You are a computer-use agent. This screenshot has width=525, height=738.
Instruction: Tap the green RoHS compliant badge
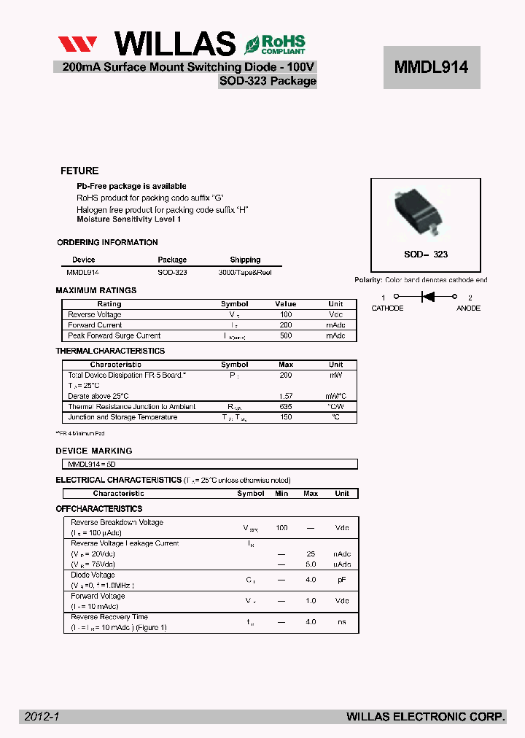(x=275, y=44)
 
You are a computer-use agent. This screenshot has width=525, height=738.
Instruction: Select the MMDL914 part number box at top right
(x=432, y=67)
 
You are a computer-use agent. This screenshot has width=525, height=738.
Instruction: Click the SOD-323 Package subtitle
(x=268, y=81)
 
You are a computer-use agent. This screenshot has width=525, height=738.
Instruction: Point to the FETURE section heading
(x=79, y=171)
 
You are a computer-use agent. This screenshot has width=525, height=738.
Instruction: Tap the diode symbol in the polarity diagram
(x=428, y=297)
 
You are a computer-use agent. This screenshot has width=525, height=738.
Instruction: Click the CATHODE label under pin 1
(x=387, y=308)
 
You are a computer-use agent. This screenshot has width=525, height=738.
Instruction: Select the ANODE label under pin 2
(x=468, y=308)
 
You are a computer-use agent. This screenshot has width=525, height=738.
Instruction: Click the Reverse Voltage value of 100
(x=286, y=314)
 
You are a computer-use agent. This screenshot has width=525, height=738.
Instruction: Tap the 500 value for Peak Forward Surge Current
(x=286, y=335)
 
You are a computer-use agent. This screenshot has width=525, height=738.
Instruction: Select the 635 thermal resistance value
(x=286, y=407)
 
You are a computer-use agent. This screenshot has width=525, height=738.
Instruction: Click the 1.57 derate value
(x=286, y=396)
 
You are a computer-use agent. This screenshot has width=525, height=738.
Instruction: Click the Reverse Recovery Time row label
(x=109, y=617)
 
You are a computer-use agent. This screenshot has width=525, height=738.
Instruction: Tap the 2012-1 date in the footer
(x=42, y=717)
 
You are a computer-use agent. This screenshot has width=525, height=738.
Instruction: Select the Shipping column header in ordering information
(x=245, y=260)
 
